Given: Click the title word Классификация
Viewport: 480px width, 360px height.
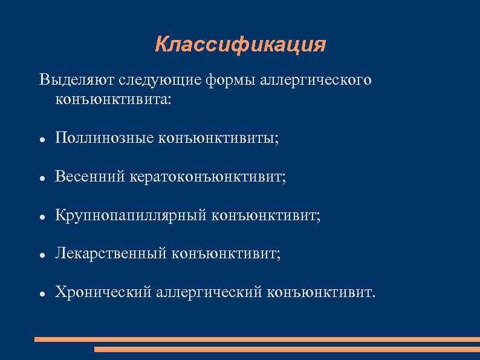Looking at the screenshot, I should [x=240, y=45].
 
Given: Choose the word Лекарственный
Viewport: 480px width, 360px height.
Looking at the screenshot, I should [x=110, y=254].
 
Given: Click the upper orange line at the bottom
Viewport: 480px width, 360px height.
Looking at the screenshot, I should [x=257, y=339].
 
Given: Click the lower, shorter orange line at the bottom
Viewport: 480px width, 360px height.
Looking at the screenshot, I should [x=287, y=349].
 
